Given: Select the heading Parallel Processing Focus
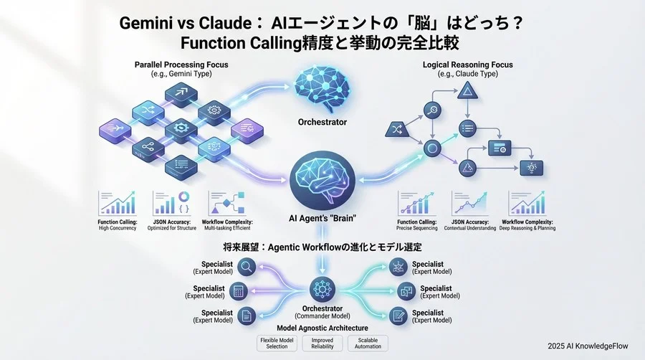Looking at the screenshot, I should tap(181, 65).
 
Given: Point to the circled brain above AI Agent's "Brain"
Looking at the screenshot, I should tap(322, 180).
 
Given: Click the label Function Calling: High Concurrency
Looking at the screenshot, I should tap(118, 225).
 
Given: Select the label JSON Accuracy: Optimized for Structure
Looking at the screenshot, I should tap(172, 225).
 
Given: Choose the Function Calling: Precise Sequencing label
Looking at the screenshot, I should tap(417, 225).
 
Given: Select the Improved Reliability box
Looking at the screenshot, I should tap(322, 343).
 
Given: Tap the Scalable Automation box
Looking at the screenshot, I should tap(367, 343).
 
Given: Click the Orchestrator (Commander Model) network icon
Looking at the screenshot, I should tap(322, 290).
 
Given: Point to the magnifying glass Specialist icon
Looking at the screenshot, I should tap(247, 267).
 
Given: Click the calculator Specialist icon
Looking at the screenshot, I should tap(241, 291).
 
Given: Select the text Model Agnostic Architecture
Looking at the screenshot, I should tap(322, 327).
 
